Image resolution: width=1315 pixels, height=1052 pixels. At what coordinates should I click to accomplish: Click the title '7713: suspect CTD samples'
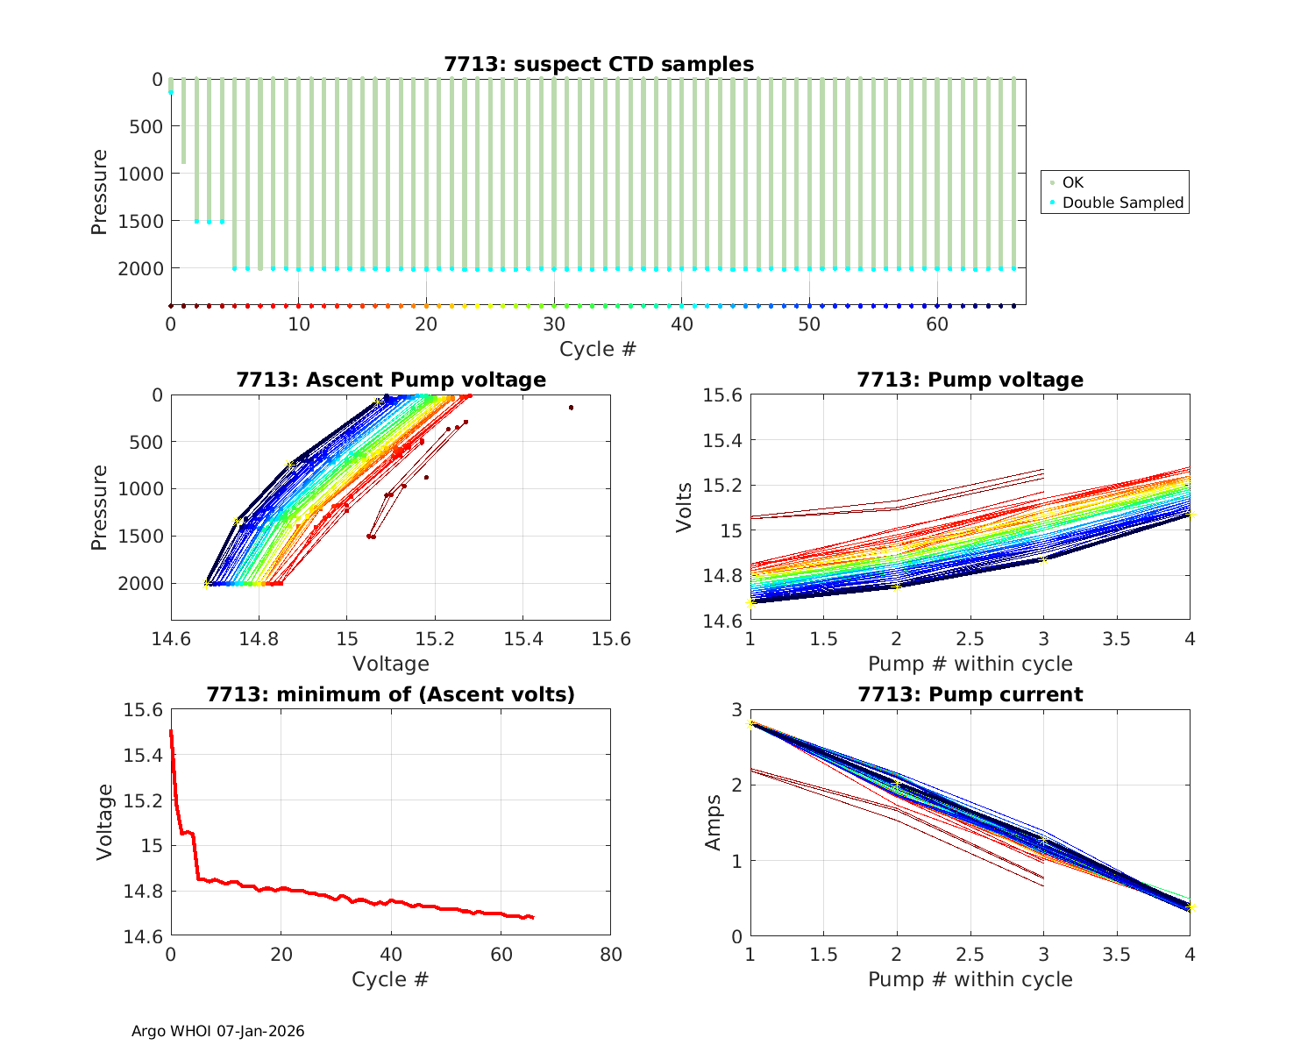(599, 64)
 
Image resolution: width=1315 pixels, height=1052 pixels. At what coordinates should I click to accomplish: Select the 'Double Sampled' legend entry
(1122, 203)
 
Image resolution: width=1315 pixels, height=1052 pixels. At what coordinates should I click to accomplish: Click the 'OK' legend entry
(1073, 182)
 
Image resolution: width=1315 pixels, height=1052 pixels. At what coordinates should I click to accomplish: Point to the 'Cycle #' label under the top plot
(598, 349)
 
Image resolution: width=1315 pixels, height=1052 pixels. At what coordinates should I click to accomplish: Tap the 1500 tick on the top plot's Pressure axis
(140, 221)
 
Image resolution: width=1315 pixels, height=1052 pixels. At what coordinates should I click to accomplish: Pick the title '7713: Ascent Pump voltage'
(391, 380)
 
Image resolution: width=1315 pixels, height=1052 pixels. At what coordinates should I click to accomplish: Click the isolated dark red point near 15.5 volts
(571, 408)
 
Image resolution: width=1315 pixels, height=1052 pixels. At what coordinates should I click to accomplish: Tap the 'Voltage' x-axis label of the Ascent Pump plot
(391, 664)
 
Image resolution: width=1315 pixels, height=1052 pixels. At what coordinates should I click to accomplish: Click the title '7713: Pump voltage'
(970, 380)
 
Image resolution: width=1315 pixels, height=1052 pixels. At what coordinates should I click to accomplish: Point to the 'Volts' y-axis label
(685, 508)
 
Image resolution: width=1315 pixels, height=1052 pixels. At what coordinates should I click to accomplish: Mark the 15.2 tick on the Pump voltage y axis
(722, 485)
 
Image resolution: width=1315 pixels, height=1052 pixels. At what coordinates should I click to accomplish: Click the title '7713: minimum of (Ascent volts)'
(391, 694)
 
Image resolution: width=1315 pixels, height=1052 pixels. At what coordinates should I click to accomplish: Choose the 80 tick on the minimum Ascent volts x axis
(610, 955)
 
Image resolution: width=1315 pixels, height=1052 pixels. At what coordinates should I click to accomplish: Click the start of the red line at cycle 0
(171, 731)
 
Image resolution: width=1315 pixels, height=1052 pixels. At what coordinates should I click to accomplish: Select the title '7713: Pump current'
(970, 694)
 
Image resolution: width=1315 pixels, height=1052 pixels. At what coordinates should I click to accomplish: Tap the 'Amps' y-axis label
(714, 822)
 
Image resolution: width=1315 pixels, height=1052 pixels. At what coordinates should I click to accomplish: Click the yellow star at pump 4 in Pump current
(1190, 907)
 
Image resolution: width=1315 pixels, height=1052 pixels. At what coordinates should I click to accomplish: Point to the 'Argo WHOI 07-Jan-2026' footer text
(218, 1031)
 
